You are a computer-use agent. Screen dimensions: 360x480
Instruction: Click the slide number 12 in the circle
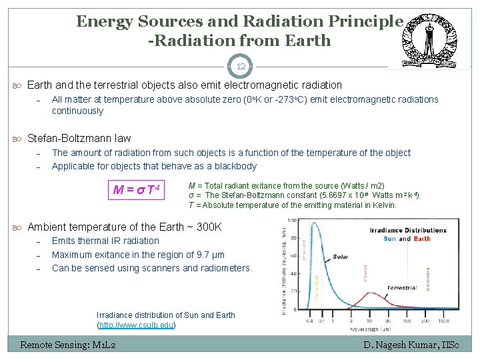(241, 66)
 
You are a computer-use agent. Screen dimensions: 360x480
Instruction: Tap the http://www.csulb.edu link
(137, 325)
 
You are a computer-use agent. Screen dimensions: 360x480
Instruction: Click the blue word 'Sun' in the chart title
(389, 239)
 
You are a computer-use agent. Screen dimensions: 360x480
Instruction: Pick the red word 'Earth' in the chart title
(422, 239)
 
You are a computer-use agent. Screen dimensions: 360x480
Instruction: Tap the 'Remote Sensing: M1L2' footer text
(68, 345)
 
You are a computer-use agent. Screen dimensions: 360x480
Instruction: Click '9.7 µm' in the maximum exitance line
(207, 255)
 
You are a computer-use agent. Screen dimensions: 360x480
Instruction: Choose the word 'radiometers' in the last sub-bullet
(227, 268)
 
